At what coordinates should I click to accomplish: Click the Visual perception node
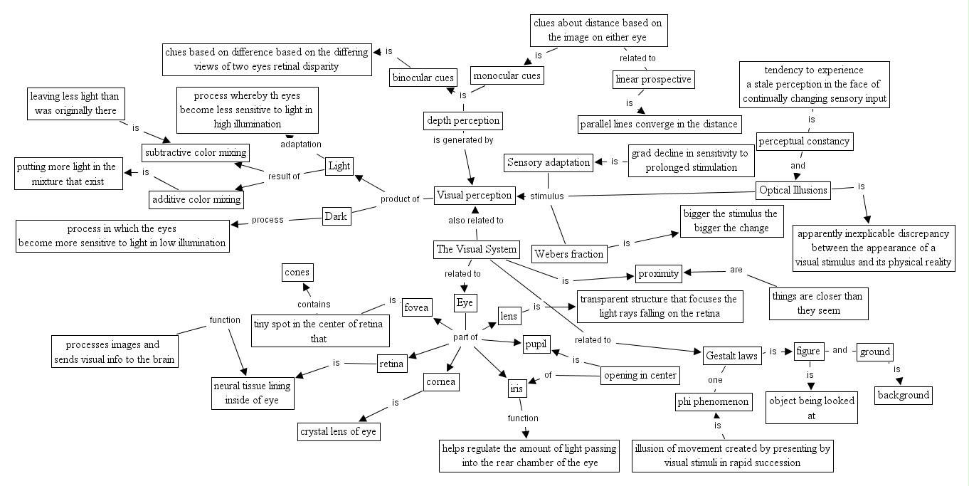(x=474, y=195)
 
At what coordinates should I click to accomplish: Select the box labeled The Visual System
(x=475, y=250)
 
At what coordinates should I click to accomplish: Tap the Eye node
(x=465, y=302)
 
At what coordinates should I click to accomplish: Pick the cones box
(x=297, y=272)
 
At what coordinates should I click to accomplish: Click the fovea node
(x=416, y=307)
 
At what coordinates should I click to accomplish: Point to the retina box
(x=391, y=364)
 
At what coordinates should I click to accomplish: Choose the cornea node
(x=441, y=381)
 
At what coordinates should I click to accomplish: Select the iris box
(x=515, y=389)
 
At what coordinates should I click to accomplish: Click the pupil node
(x=535, y=344)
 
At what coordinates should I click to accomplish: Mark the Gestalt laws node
(x=731, y=354)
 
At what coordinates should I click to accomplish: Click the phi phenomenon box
(x=713, y=402)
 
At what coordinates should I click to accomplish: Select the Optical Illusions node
(x=793, y=190)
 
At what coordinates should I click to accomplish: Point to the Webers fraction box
(x=569, y=253)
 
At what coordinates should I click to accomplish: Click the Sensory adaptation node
(x=549, y=162)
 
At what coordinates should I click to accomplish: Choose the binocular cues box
(x=423, y=78)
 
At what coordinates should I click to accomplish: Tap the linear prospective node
(x=652, y=79)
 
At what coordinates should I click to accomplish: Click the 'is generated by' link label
(x=463, y=140)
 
